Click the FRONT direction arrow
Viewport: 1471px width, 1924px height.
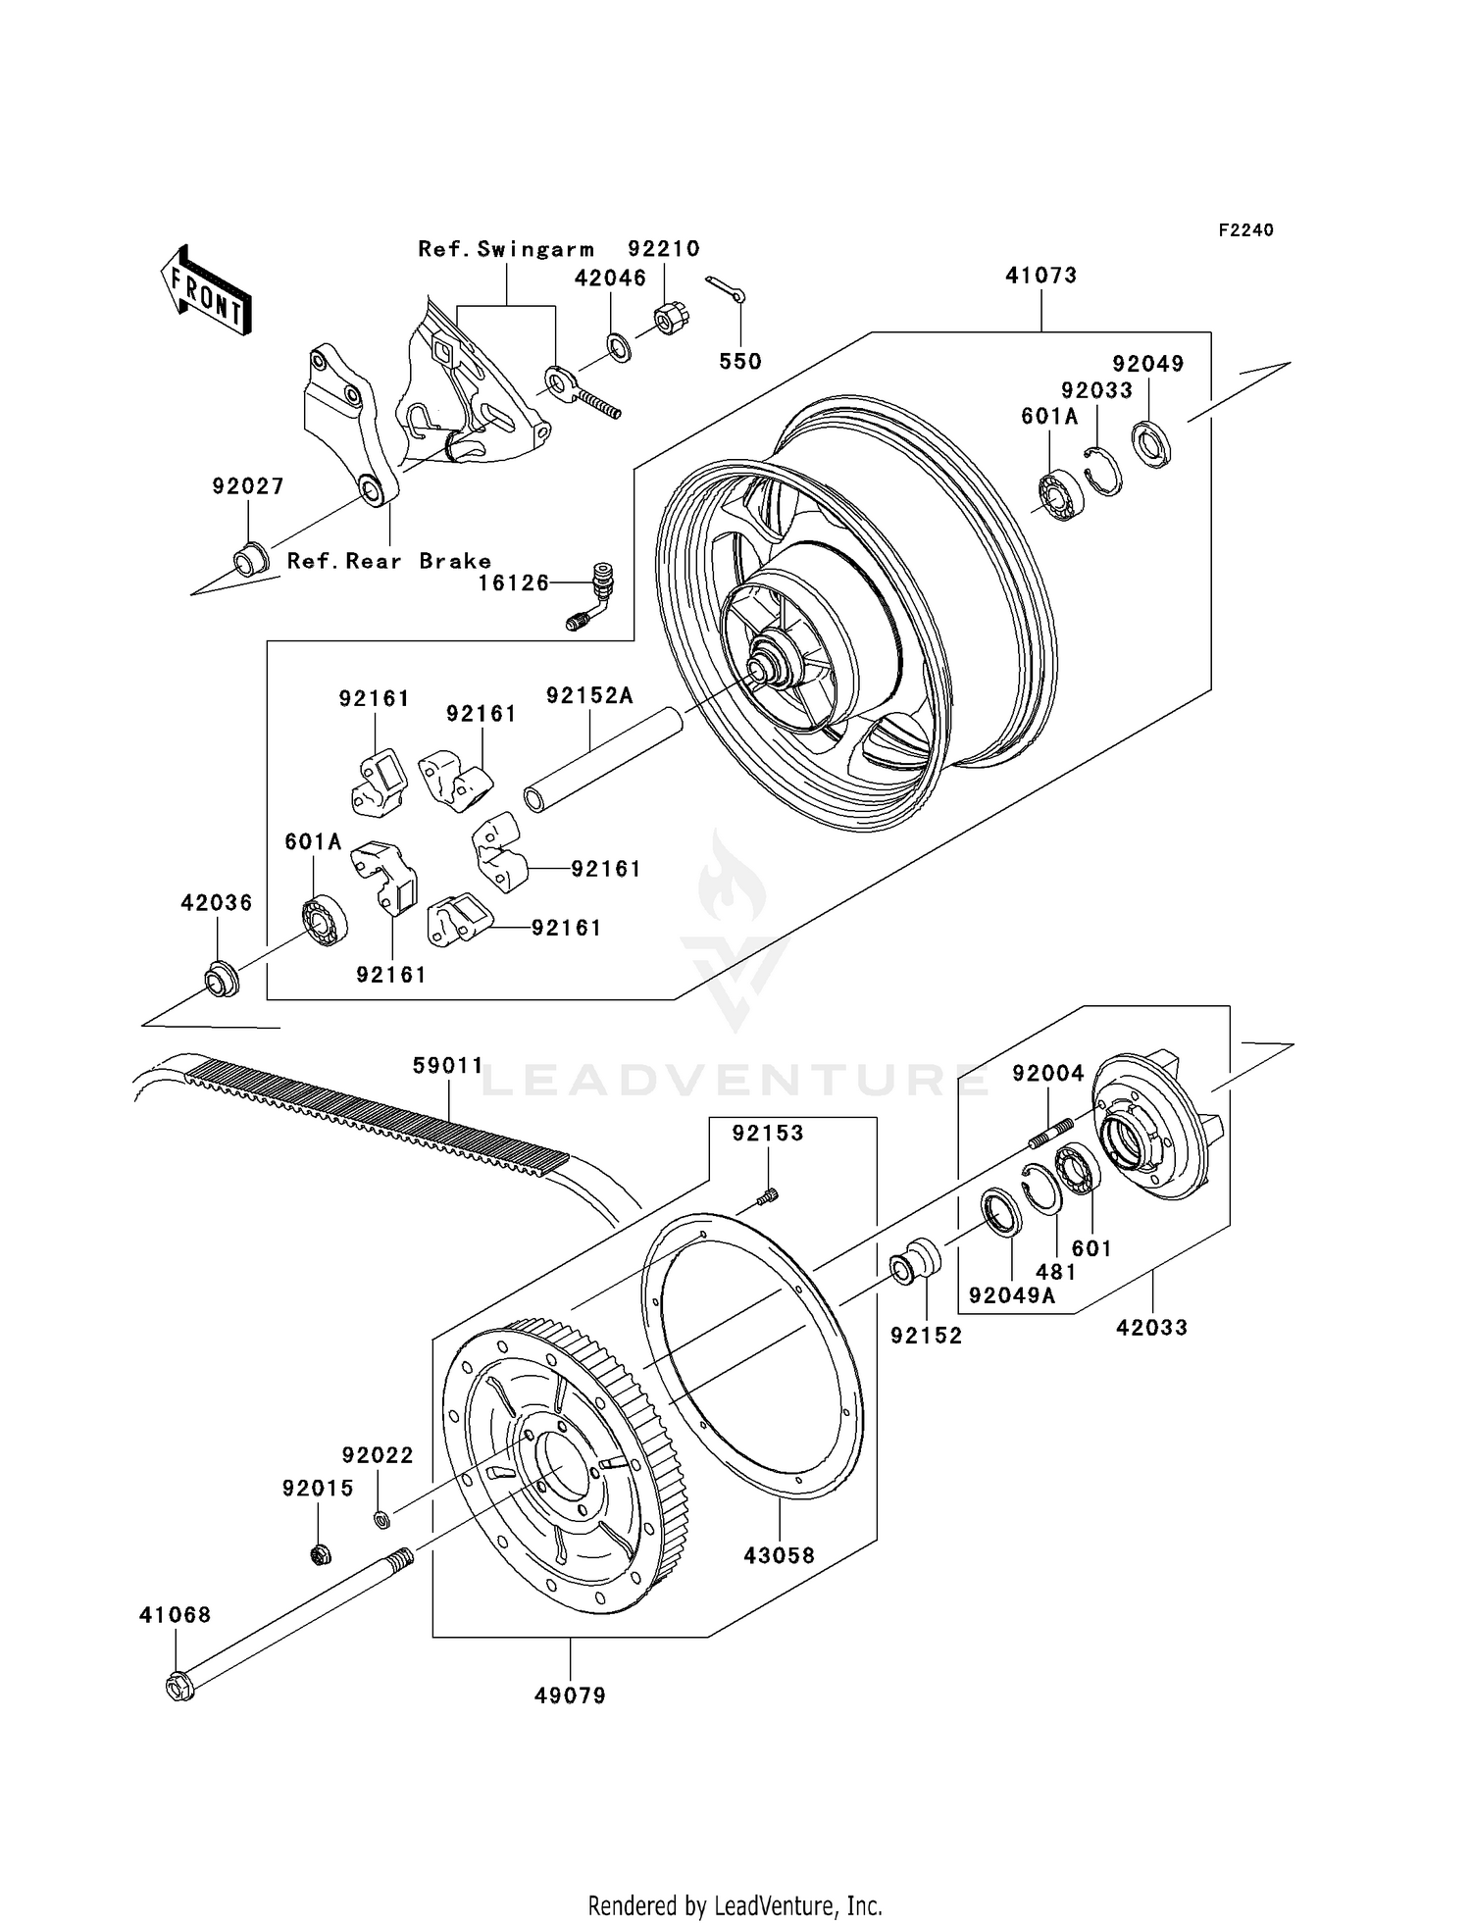point(206,291)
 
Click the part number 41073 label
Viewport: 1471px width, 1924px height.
point(1040,276)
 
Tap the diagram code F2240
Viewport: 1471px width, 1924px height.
point(1245,229)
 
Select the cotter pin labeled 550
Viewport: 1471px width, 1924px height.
point(727,289)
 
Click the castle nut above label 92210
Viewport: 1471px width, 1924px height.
point(669,319)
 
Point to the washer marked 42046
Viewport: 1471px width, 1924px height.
point(620,346)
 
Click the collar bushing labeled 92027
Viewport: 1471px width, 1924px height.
point(249,560)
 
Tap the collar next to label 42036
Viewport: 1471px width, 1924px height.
point(222,979)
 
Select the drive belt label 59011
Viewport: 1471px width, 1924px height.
point(447,1065)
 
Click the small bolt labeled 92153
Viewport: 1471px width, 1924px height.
point(768,1195)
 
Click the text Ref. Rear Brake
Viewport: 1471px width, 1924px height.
point(388,561)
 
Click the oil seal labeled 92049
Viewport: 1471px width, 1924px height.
point(1151,443)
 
